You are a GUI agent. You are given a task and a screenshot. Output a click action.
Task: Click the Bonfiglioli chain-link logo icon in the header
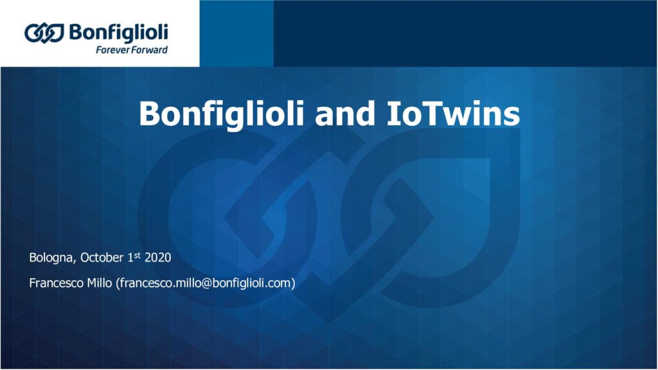click(x=44, y=33)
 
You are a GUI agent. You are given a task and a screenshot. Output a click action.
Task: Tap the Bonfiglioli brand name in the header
click(x=119, y=33)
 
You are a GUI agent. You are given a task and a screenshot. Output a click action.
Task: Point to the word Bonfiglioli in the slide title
click(x=222, y=114)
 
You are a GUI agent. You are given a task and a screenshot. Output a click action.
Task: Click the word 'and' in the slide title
click(x=345, y=114)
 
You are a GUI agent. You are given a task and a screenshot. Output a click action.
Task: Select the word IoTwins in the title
click(x=453, y=114)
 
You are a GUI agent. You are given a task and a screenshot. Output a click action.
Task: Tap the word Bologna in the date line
click(x=52, y=258)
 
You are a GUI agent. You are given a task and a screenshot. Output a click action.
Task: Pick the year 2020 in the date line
click(x=158, y=258)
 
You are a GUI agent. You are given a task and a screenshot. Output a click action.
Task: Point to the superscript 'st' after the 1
click(x=138, y=254)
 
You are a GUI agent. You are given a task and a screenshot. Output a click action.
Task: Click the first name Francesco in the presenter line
click(x=57, y=283)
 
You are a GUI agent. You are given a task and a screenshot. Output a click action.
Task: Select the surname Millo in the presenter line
click(x=100, y=283)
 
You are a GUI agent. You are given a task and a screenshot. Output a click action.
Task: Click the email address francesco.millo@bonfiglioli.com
click(x=205, y=283)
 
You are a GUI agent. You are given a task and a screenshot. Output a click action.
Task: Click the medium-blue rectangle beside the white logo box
click(x=236, y=33)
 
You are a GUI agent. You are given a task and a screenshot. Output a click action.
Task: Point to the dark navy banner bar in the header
click(x=466, y=33)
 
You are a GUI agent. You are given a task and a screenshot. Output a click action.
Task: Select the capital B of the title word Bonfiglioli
click(x=150, y=114)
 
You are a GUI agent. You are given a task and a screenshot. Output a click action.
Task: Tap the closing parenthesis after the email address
click(x=293, y=283)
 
